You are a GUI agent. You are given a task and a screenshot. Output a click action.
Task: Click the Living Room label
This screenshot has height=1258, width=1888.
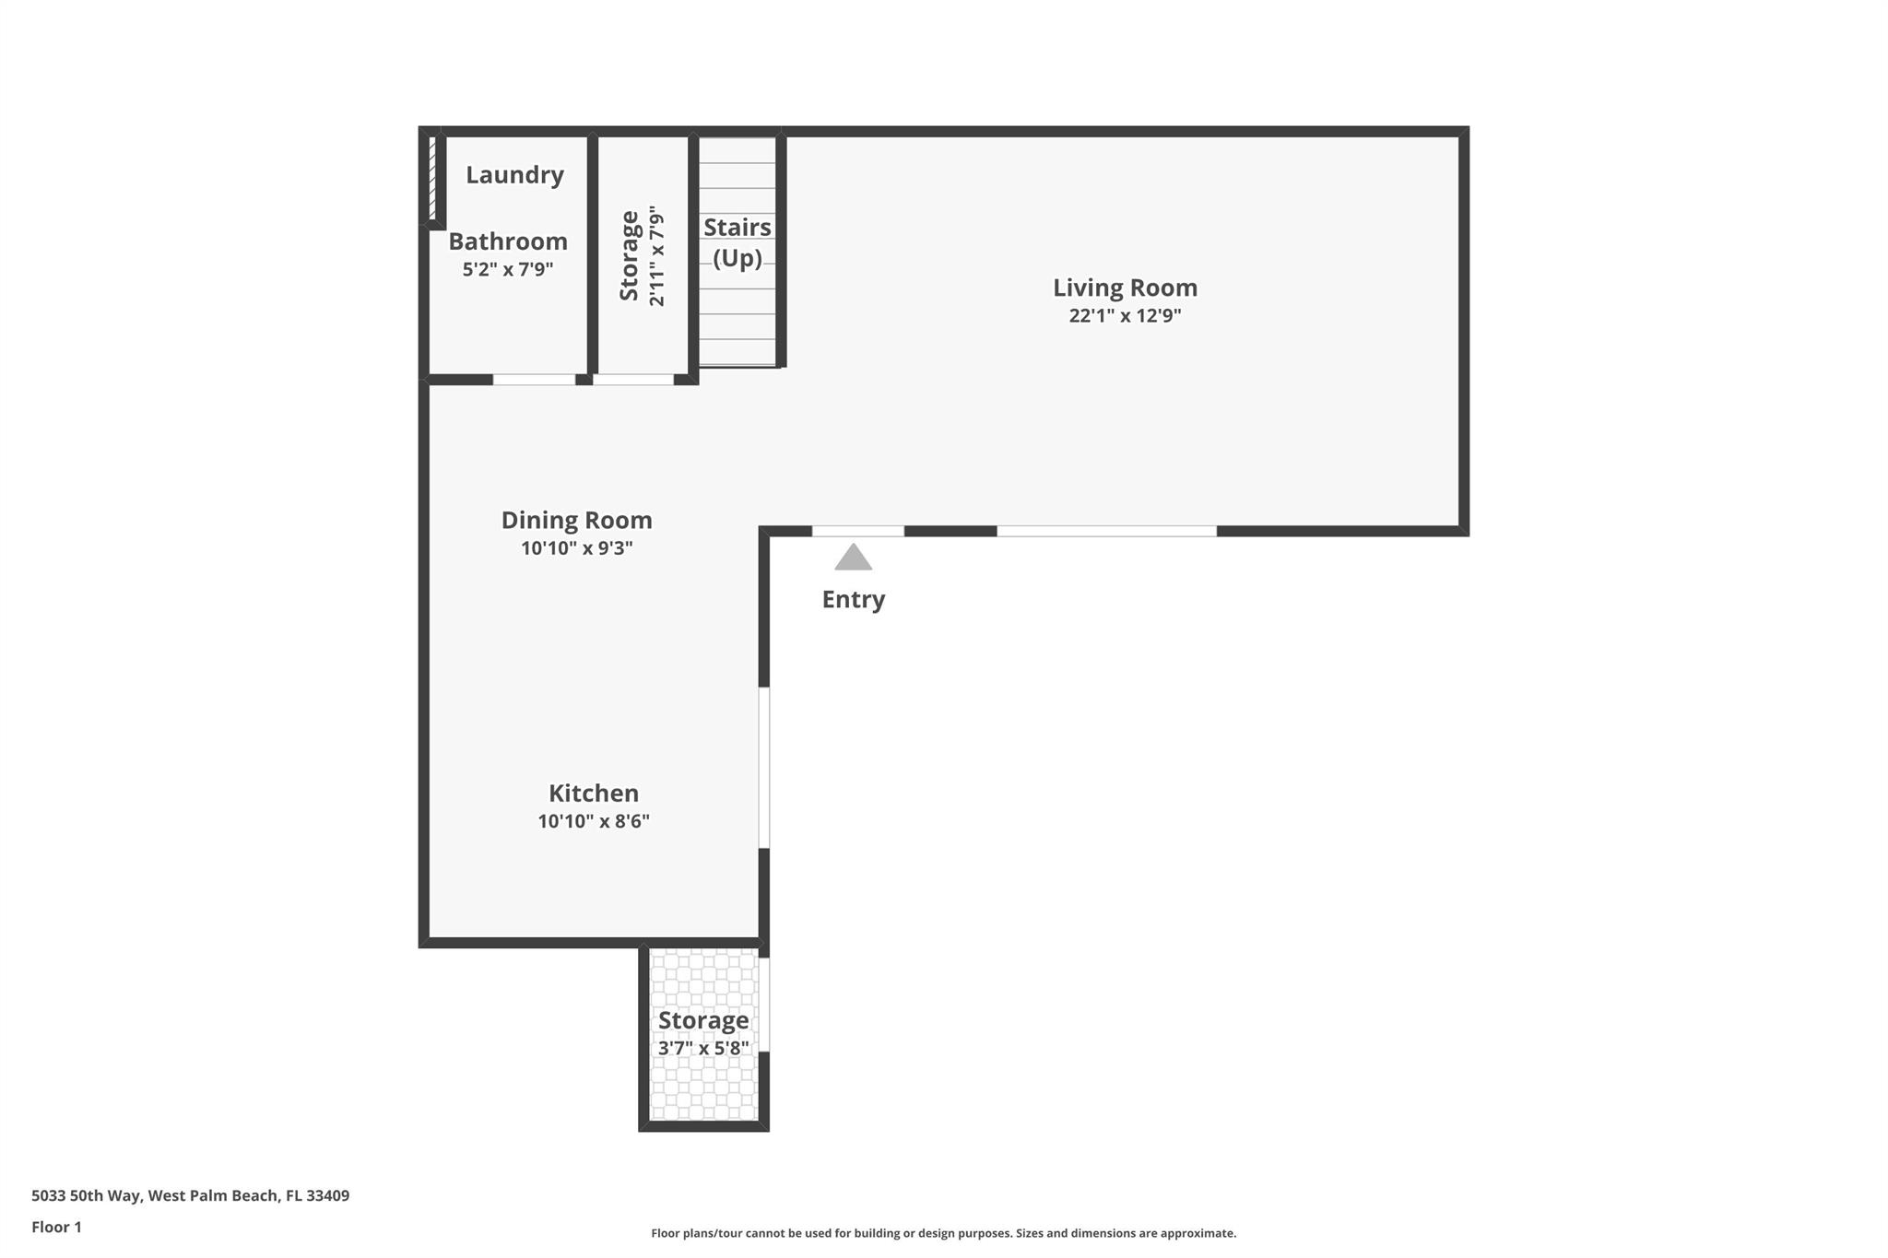(1125, 288)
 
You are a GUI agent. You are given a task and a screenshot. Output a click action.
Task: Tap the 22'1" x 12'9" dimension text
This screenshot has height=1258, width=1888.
(1125, 316)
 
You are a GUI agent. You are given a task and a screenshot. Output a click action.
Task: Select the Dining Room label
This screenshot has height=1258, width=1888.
(576, 520)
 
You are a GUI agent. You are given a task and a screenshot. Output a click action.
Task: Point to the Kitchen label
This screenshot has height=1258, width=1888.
(593, 794)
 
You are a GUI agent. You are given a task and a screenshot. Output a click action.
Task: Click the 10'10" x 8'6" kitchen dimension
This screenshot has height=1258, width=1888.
(593, 821)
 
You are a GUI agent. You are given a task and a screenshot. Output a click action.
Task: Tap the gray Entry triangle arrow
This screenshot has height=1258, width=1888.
(853, 558)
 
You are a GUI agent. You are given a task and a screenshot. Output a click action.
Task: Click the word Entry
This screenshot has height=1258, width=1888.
(853, 599)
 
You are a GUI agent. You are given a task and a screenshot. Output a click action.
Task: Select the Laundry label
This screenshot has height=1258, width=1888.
(514, 175)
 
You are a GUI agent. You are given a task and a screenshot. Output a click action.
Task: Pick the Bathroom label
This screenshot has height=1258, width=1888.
(507, 241)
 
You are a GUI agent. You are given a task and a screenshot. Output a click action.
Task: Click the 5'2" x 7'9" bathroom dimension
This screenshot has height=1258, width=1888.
(507, 270)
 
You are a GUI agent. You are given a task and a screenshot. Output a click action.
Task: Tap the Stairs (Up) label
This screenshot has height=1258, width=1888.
(737, 242)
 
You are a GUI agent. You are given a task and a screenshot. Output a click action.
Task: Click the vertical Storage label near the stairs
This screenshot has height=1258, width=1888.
(630, 255)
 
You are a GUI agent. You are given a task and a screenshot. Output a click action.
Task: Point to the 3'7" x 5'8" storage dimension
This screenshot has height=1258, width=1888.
(703, 1049)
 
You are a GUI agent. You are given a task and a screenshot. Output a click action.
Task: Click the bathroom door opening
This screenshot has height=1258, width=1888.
(534, 380)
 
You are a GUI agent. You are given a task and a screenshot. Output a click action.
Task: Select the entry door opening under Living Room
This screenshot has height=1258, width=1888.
(857, 531)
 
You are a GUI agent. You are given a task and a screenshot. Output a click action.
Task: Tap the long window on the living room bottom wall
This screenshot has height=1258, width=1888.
(1106, 531)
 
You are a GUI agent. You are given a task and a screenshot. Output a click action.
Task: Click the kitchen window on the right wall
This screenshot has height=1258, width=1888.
(763, 767)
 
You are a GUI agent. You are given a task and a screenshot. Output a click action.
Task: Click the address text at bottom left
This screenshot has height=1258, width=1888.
(190, 1196)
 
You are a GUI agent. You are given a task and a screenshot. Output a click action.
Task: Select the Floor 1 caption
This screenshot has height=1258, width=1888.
(56, 1228)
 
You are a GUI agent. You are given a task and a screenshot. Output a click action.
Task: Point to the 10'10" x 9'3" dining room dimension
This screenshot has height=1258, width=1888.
(576, 548)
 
